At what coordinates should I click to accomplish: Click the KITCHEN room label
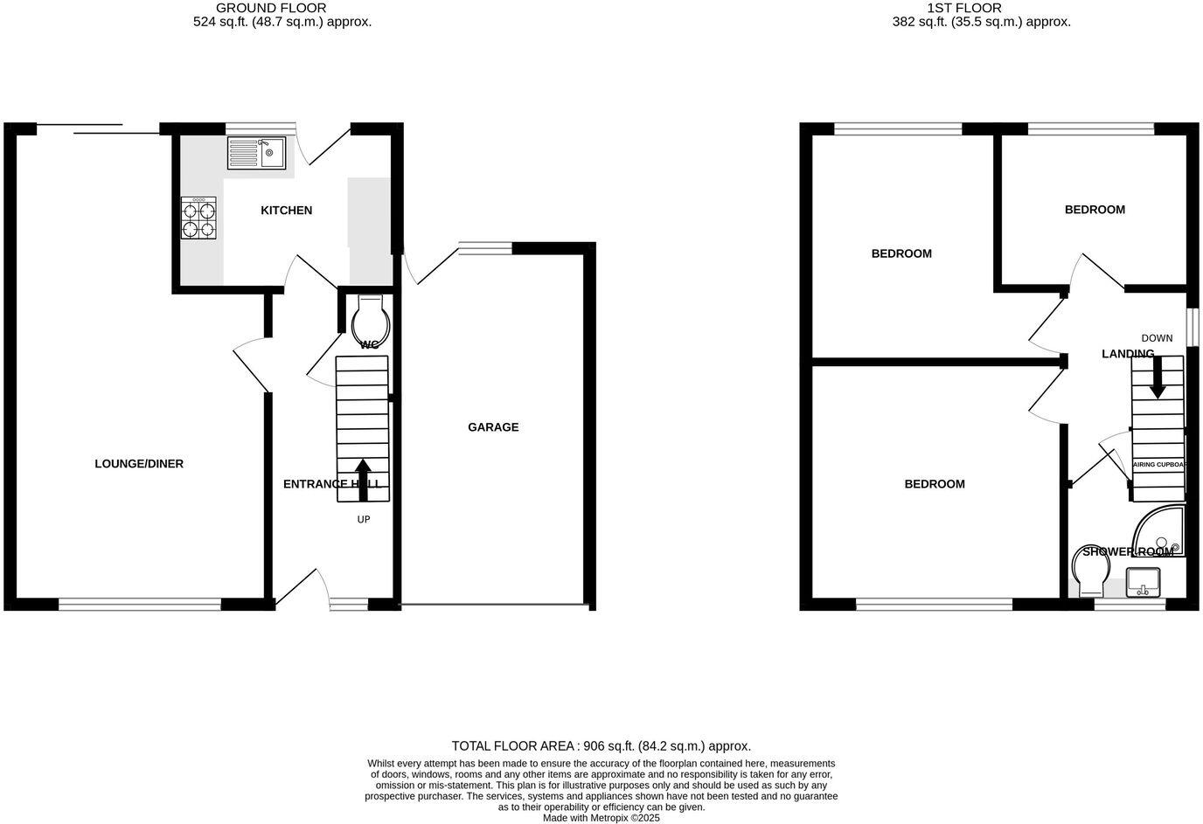pos(286,211)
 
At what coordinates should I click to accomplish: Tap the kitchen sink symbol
pos(257,153)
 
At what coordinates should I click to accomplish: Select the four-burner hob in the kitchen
pos(198,218)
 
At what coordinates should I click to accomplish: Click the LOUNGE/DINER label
pos(139,464)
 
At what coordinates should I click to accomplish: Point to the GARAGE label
pos(493,427)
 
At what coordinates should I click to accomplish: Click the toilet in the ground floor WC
pos(369,322)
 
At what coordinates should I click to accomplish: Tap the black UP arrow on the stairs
pos(362,480)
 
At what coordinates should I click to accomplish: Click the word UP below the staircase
pos(364,520)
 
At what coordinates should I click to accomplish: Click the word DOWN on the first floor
pos(1157,338)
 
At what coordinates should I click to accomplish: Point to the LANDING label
pos(1128,354)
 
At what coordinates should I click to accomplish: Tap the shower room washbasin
pos(1143,582)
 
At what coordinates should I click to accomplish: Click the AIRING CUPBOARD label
pos(1158,465)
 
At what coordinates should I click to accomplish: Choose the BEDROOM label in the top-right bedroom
pos(1095,210)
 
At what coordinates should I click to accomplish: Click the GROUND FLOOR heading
pos(259,8)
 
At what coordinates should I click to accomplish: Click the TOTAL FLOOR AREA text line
pos(601,746)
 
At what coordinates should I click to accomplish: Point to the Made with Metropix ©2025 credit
pos(601,819)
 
